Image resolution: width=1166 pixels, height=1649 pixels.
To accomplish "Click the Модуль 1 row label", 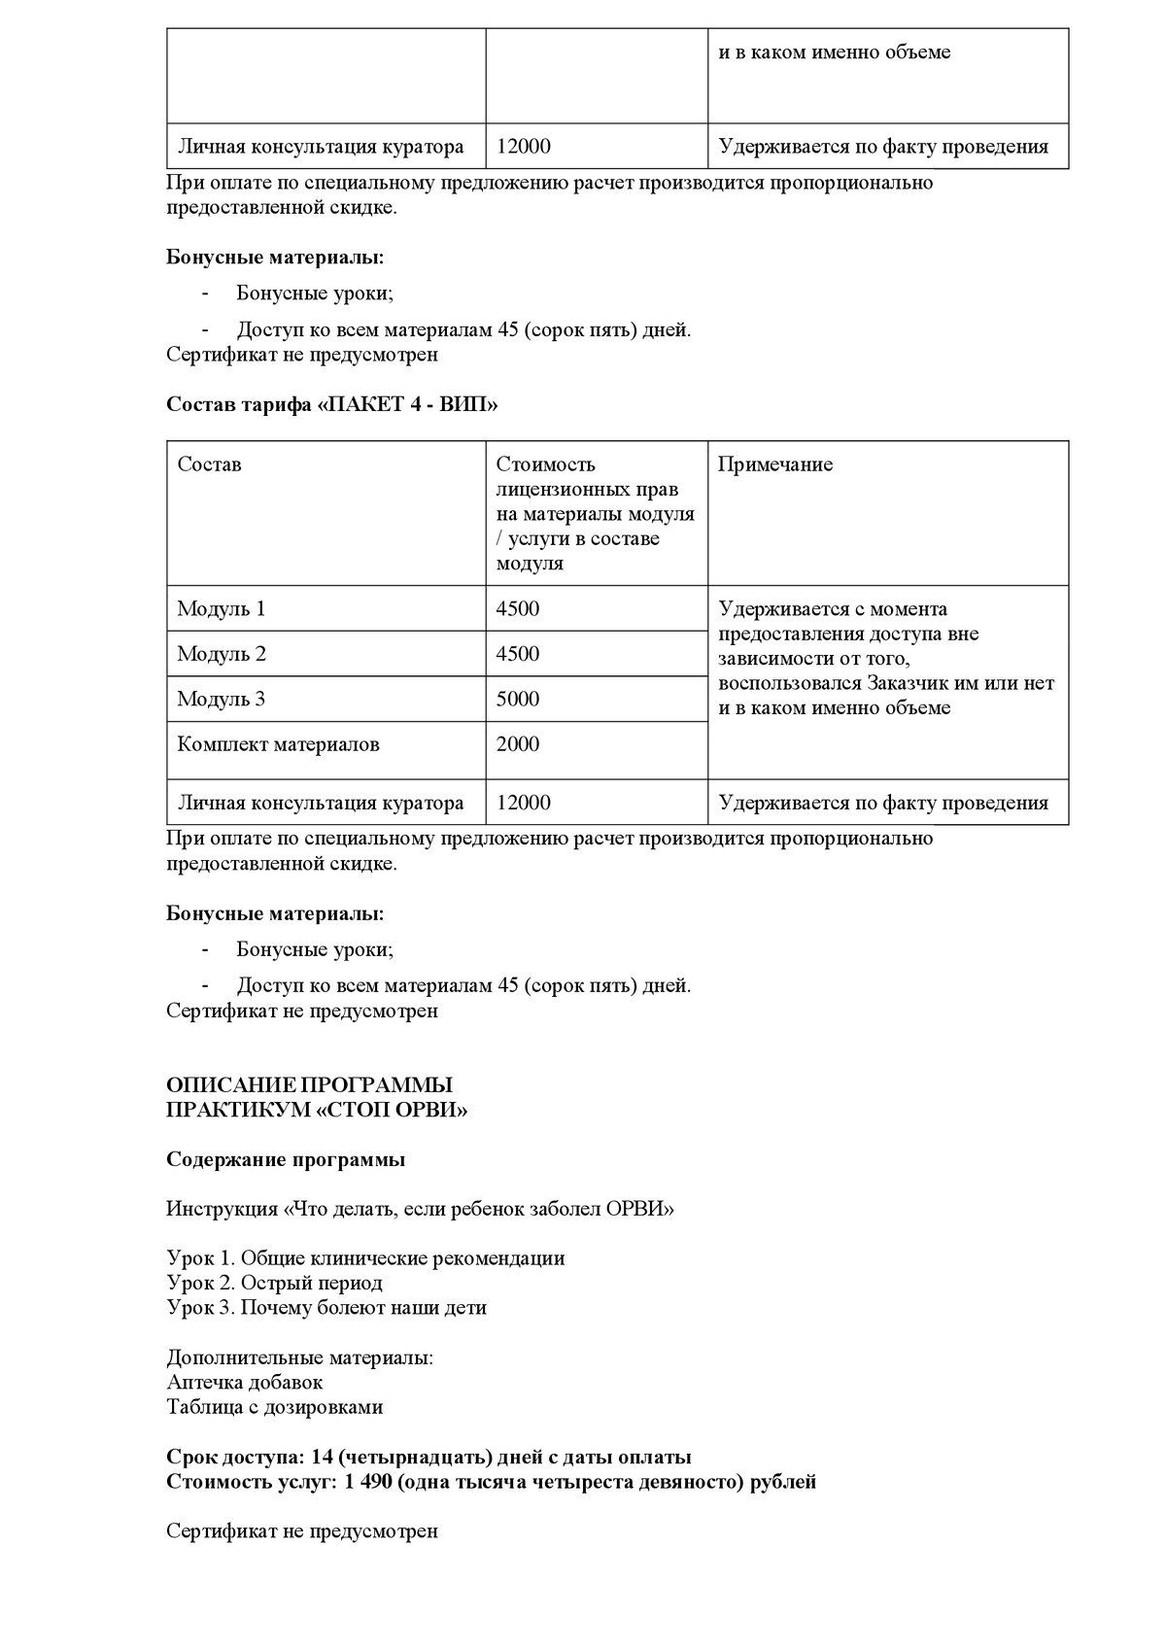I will (x=221, y=609).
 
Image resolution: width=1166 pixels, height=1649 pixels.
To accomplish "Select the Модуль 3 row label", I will (x=221, y=700).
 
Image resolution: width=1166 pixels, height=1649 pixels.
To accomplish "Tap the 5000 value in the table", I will (x=517, y=700).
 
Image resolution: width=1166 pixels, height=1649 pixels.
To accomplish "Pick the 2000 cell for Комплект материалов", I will (x=517, y=744).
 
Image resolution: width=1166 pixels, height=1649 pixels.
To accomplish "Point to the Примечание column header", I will (x=774, y=464).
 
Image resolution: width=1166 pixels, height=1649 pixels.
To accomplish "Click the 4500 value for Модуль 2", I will (x=517, y=654).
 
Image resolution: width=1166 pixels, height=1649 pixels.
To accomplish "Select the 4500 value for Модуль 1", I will (x=517, y=609).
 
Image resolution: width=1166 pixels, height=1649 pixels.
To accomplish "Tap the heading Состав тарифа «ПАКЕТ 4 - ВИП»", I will (x=331, y=405).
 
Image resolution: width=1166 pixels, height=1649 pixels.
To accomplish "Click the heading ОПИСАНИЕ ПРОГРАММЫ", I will (x=309, y=1085).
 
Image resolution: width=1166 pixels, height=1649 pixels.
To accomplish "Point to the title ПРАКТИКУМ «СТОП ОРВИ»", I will (x=316, y=1110).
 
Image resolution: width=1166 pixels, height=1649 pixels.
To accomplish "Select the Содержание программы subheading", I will (x=286, y=1159).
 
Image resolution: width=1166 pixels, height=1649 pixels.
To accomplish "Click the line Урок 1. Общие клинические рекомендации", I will (x=365, y=1258).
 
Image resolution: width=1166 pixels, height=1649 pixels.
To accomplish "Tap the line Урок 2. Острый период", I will (x=274, y=1283).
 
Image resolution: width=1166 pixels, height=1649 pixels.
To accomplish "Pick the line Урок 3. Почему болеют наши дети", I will (x=326, y=1308).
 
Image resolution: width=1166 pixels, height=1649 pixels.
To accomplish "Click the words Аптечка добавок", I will (x=244, y=1382).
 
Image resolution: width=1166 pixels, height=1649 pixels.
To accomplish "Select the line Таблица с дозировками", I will (x=274, y=1407).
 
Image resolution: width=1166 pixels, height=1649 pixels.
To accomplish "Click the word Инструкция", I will (x=222, y=1210).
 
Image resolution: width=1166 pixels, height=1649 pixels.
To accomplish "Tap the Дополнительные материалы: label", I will (x=299, y=1357).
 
